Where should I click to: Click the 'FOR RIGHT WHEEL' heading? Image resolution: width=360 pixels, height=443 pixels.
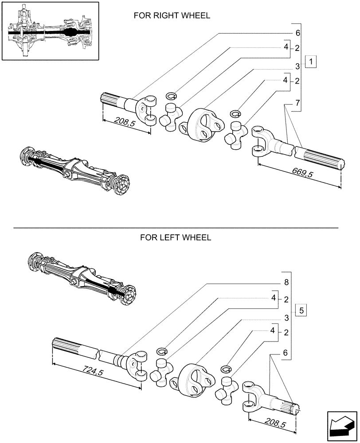tap(172, 16)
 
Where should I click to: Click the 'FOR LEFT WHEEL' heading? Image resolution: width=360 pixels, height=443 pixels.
tap(176, 237)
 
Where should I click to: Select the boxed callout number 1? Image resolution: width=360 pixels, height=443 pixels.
tap(312, 62)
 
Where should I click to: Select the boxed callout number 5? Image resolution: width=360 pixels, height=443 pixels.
tap(301, 310)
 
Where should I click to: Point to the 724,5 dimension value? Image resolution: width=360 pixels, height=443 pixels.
tap(92, 370)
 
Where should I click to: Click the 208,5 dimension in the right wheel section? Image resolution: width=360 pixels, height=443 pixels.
tap(125, 121)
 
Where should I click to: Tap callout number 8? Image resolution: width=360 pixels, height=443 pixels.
tap(286, 282)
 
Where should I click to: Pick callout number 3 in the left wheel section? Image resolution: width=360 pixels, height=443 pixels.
tap(286, 318)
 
